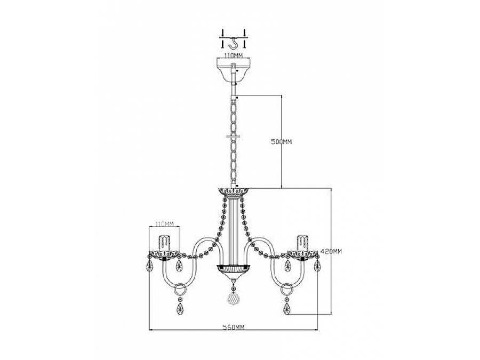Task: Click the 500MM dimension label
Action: point(281,142)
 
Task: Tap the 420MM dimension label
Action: point(331,251)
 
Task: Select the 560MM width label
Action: point(233,327)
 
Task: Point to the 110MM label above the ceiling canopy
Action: point(233,55)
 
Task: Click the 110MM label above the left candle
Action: point(164,224)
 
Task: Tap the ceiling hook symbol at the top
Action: point(234,43)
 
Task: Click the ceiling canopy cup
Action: point(233,73)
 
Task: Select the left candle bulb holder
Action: point(164,243)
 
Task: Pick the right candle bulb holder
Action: point(302,243)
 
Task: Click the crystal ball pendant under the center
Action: point(234,299)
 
